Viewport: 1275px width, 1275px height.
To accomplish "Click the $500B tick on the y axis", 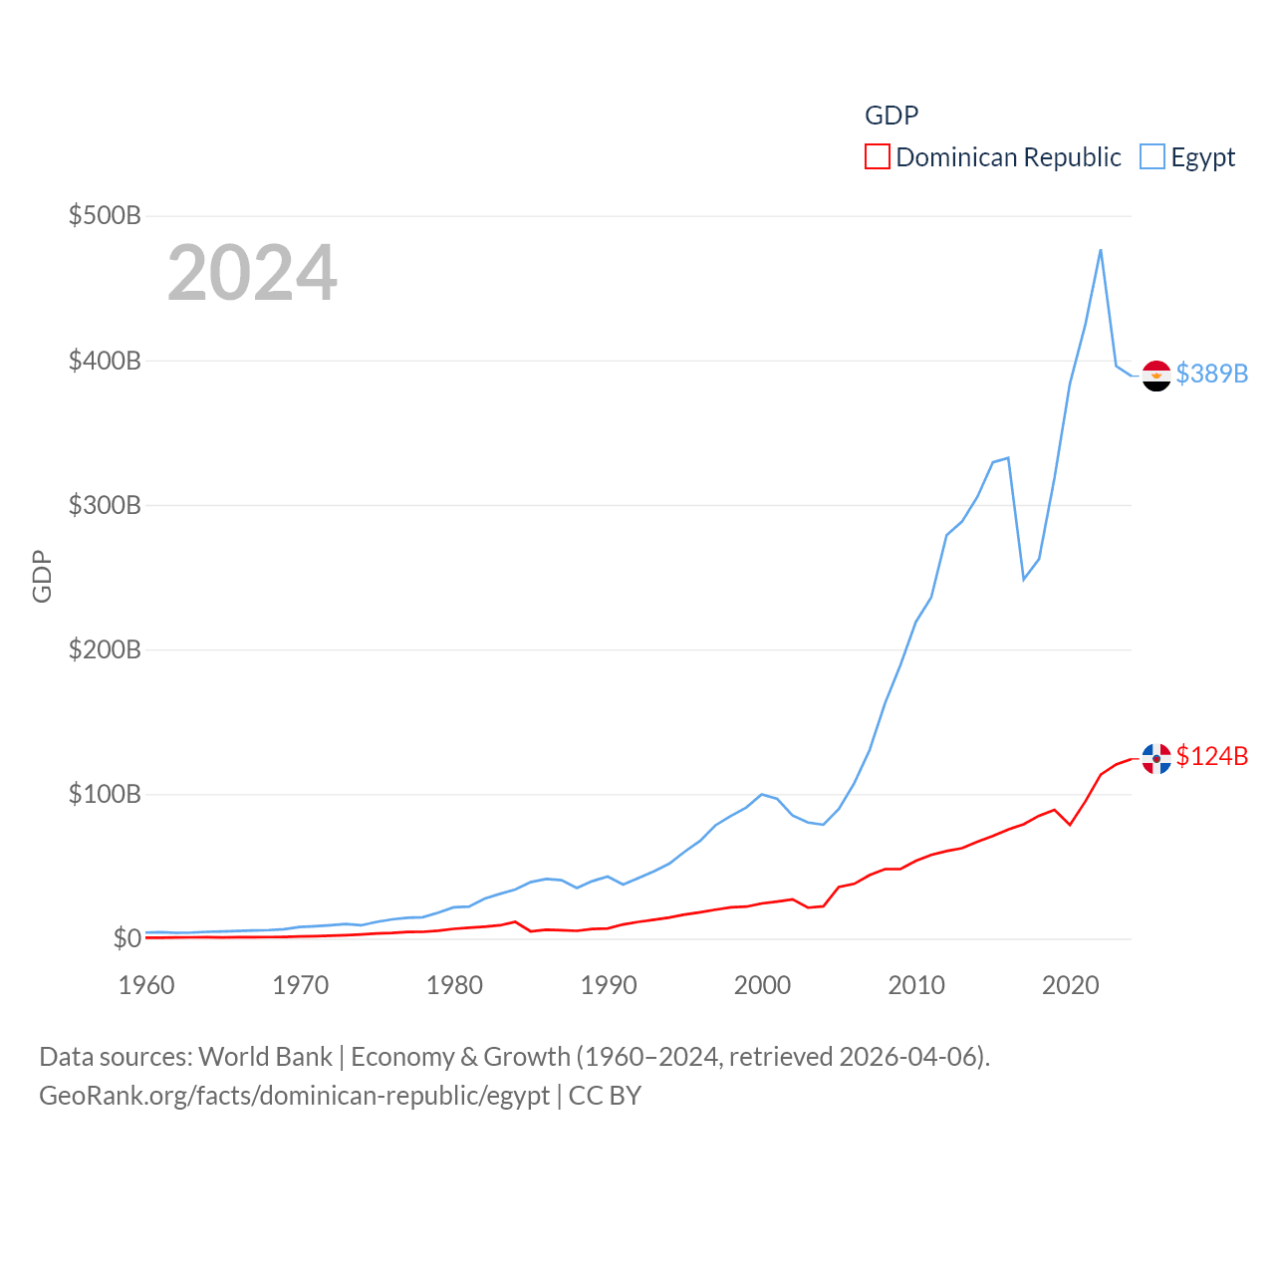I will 105,215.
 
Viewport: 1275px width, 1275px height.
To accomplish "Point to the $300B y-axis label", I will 105,505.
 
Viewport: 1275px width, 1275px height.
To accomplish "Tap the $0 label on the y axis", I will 127,938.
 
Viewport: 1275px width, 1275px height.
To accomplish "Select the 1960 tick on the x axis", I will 146,985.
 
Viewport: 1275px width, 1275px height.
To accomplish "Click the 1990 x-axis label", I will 609,985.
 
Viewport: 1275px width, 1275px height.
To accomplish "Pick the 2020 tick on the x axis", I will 1071,985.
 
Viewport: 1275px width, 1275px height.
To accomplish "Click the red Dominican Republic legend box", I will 878,157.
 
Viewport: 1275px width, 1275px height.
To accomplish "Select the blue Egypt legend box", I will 1152,157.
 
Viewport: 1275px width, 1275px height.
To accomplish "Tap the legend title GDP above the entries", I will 892,116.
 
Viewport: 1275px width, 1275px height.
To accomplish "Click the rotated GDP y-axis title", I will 42,576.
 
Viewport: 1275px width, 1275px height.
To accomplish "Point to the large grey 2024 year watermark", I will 252,273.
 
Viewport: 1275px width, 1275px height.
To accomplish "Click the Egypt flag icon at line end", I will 1156,376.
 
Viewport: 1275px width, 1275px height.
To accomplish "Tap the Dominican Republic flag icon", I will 1156,758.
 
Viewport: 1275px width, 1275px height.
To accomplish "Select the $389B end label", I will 1211,374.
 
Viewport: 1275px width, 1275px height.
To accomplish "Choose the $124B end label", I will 1211,756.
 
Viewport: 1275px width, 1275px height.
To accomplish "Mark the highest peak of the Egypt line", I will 1101,250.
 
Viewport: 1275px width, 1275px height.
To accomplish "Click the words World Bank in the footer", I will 266,1057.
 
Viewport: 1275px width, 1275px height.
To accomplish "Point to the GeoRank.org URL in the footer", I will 294,1096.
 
